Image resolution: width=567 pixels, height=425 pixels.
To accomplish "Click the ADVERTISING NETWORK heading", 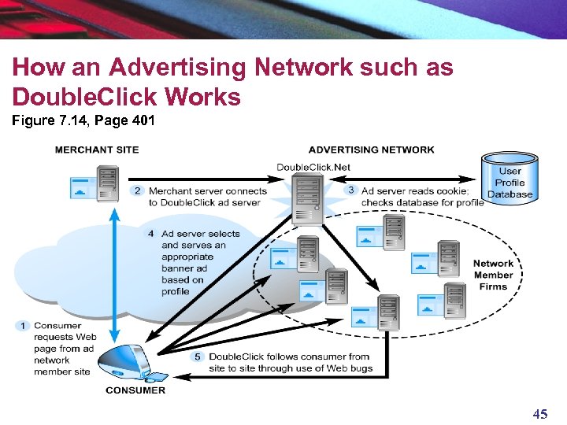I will coord(371,150).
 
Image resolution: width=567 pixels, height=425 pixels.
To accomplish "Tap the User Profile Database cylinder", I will coord(510,181).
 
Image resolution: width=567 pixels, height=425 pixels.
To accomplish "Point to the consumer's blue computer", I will coord(131,363).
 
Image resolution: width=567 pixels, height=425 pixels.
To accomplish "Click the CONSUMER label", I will coord(135,390).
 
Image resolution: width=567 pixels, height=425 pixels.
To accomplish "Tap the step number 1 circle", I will coord(24,325).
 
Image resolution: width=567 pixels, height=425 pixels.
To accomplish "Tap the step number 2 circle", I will coord(137,190).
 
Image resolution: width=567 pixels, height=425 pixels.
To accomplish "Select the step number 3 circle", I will coord(351,190).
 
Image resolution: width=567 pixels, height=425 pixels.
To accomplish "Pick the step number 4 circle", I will coord(150,234).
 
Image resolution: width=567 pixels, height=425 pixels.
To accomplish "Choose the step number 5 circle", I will coord(198,356).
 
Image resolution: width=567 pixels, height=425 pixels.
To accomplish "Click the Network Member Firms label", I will coord(493,275).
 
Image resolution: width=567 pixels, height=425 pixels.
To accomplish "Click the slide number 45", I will coord(539,414).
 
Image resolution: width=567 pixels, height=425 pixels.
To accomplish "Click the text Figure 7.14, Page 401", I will coord(83,121).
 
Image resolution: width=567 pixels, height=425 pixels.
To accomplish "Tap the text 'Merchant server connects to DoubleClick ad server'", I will coord(208,196).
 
